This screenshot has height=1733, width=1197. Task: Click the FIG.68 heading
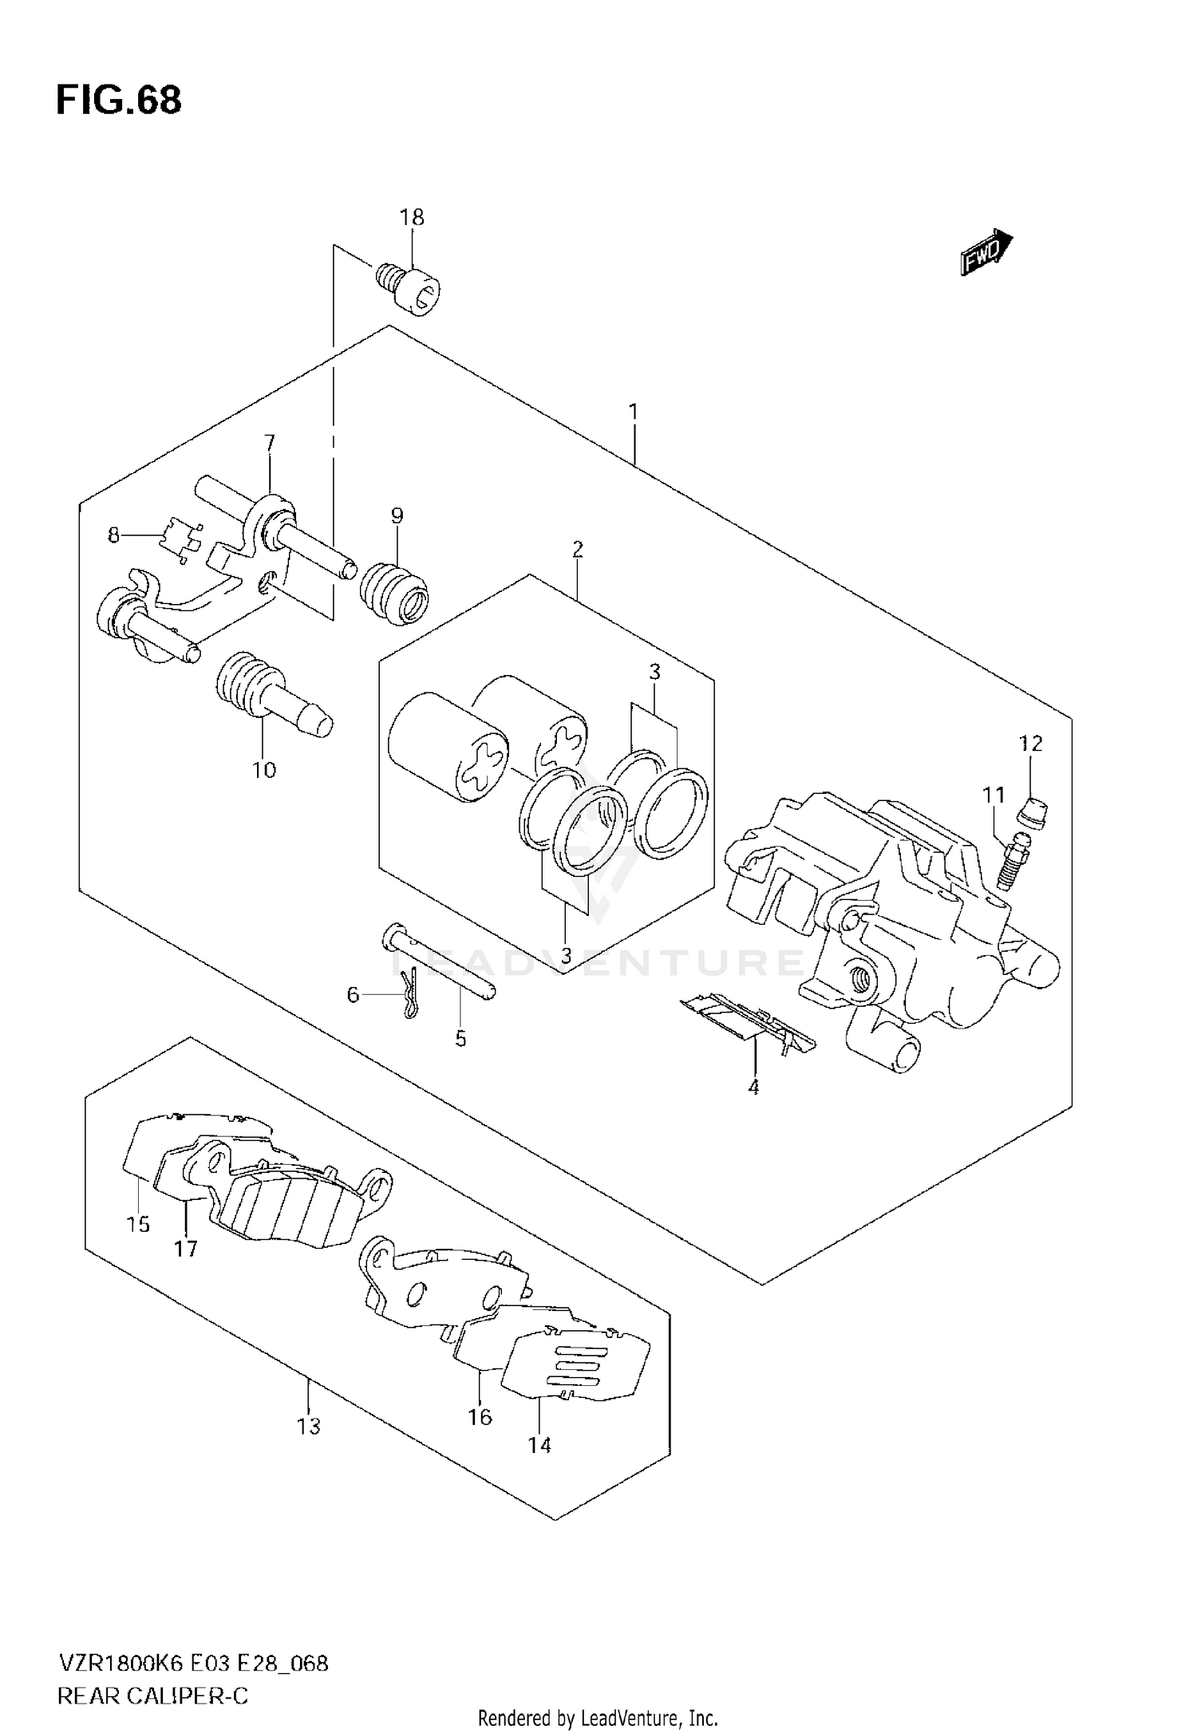[119, 102]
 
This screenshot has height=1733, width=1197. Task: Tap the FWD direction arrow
[986, 253]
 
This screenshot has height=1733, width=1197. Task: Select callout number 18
[412, 217]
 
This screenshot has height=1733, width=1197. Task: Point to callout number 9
[397, 515]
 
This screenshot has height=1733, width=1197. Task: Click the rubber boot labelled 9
[395, 596]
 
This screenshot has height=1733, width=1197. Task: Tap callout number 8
[113, 535]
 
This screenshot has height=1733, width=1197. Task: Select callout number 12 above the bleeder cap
[1030, 744]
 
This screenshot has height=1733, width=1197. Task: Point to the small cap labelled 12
[1035, 813]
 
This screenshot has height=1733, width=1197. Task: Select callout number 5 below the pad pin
[460, 1039]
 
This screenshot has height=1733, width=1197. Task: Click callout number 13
[309, 1426]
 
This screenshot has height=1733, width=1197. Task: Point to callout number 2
[577, 549]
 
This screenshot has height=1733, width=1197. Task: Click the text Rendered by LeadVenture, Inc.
[598, 1718]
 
